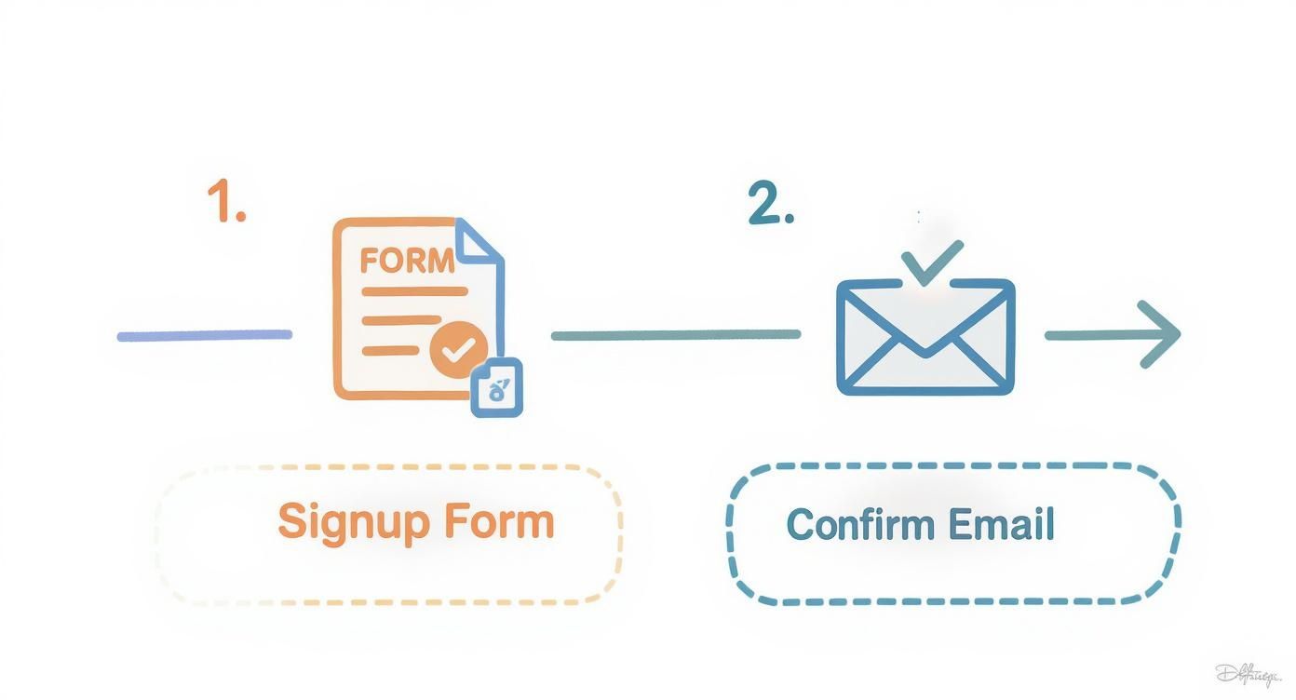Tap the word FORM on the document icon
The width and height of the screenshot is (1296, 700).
[x=407, y=261]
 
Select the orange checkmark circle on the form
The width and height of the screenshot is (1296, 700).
[x=458, y=349]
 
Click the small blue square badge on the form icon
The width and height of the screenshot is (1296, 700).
[x=497, y=386]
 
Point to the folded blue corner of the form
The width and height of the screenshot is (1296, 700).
[x=479, y=239]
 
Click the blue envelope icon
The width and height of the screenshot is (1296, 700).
[x=925, y=337]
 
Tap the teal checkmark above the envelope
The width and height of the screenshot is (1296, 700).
[x=933, y=262]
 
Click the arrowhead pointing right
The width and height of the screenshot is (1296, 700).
[x=1161, y=334]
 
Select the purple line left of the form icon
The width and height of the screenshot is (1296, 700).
[x=204, y=335]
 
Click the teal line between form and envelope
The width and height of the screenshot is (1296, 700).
[x=675, y=335]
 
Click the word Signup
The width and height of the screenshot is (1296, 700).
[x=355, y=522]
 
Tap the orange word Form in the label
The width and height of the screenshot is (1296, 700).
[x=498, y=520]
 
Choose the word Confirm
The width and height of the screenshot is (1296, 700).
[x=847, y=524]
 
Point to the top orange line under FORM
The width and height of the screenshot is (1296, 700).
[x=414, y=291]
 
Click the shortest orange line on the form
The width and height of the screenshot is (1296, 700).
[x=390, y=351]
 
